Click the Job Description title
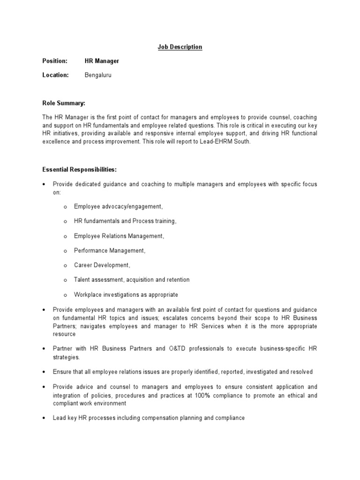[x=180, y=47]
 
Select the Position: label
[x=55, y=61]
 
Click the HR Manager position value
[x=102, y=61]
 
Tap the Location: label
[x=56, y=75]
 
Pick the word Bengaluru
[x=98, y=75]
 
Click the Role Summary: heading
[x=64, y=103]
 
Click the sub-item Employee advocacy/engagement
[x=119, y=206]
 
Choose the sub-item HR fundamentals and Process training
[x=125, y=221]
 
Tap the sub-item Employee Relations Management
[x=119, y=236]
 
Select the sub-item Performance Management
[x=110, y=250]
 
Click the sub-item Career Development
[x=102, y=265]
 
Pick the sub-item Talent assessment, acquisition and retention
[x=132, y=280]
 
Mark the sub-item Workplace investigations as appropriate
[x=126, y=295]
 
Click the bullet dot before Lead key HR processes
[x=43, y=418]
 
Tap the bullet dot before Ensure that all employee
[x=43, y=372]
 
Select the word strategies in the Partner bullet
[x=66, y=357]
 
